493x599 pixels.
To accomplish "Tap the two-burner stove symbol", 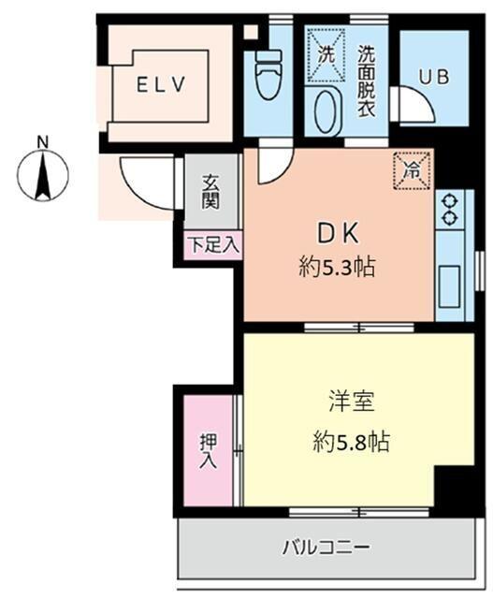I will click(450, 209).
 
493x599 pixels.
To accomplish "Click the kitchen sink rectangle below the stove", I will click(450, 280).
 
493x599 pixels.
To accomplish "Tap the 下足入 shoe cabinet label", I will click(212, 245).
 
